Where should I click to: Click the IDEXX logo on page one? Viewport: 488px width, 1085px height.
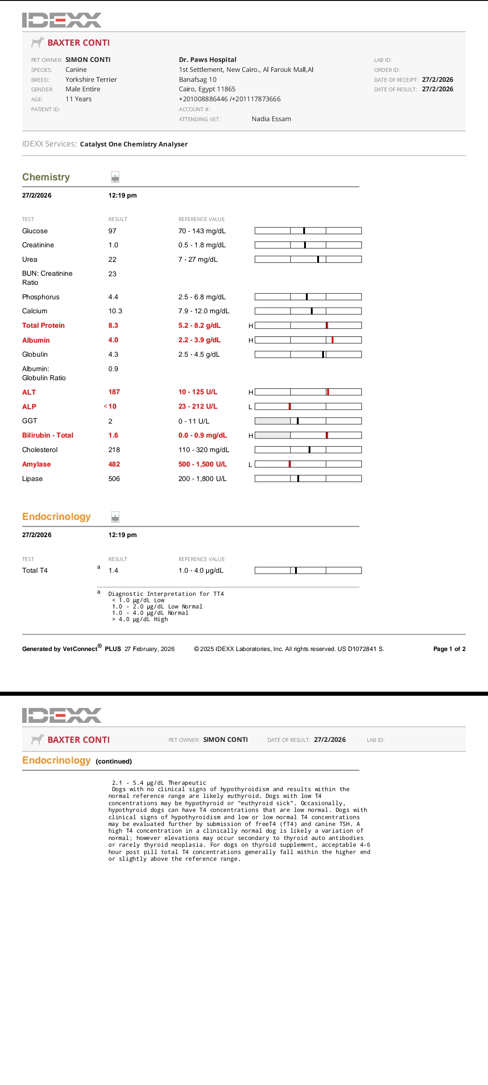pyautogui.click(x=61, y=20)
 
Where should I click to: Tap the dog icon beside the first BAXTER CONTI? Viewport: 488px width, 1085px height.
pyautogui.click(x=38, y=42)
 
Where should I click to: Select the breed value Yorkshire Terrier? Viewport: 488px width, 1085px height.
pyautogui.click(x=91, y=80)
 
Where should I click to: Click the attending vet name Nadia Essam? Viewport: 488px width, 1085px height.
pyautogui.click(x=271, y=119)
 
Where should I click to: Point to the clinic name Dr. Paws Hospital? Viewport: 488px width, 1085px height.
pyautogui.click(x=207, y=60)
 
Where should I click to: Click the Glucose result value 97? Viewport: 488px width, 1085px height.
pyautogui.click(x=112, y=231)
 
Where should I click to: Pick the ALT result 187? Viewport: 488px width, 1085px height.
pyautogui.click(x=114, y=392)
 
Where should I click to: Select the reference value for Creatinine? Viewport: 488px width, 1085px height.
pyautogui.click(x=202, y=245)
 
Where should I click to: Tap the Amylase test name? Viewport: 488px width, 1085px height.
pyautogui.click(x=36, y=464)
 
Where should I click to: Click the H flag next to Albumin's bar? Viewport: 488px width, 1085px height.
pyautogui.click(x=251, y=340)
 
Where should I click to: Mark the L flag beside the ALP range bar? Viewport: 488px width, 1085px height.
pyautogui.click(x=250, y=407)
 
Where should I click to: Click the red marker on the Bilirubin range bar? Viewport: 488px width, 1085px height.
pyautogui.click(x=327, y=435)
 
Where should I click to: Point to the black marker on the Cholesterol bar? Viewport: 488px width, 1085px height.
pyautogui.click(x=309, y=450)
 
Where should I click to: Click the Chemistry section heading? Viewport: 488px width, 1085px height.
pyautogui.click(x=46, y=177)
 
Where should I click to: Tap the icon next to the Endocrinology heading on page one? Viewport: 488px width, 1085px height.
pyautogui.click(x=115, y=517)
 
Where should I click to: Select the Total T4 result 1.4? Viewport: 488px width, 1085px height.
pyautogui.click(x=113, y=571)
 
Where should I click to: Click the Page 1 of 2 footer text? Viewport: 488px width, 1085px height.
pyautogui.click(x=449, y=649)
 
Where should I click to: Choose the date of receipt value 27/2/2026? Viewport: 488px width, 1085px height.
pyautogui.click(x=437, y=80)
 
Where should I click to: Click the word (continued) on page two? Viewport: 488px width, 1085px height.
pyautogui.click(x=114, y=761)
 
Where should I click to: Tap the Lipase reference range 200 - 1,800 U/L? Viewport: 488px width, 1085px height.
pyautogui.click(x=202, y=479)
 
